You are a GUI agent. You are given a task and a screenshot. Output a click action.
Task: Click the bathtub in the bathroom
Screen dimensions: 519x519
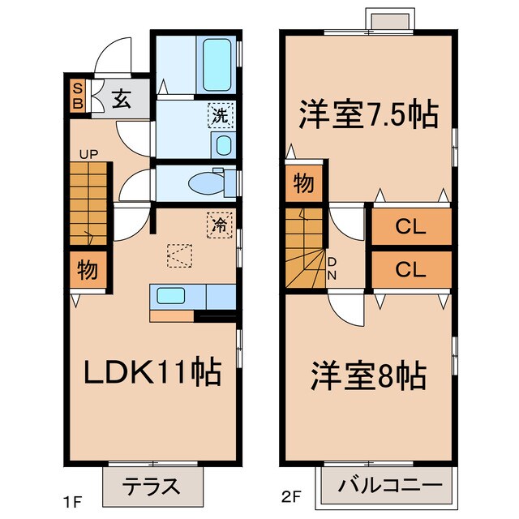(x=217, y=64)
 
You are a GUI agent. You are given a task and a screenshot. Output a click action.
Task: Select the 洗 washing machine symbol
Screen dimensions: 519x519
(x=220, y=115)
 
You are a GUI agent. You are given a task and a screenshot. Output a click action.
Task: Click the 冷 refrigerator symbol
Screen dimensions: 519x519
(x=218, y=222)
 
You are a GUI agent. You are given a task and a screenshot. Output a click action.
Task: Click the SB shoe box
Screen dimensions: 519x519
(x=78, y=97)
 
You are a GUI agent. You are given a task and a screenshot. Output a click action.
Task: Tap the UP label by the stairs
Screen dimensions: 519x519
(x=87, y=154)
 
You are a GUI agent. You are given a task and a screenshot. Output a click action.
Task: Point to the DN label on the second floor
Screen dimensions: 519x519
(x=332, y=267)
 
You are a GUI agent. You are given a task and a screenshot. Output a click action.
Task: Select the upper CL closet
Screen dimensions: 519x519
(x=410, y=228)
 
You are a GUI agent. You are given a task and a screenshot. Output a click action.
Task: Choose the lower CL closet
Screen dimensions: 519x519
(x=410, y=270)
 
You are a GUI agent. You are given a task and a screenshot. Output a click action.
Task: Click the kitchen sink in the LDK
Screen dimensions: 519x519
(x=171, y=296)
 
